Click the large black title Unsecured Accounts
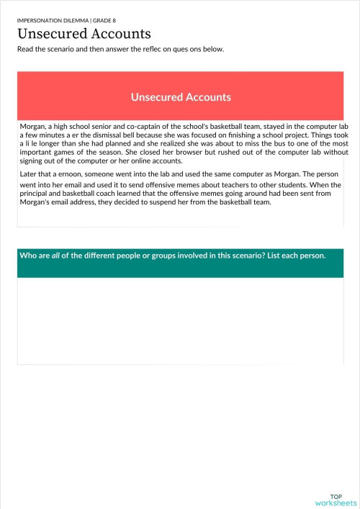(84, 35)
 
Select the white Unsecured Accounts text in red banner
(181, 96)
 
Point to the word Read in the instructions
(26, 49)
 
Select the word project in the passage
(297, 135)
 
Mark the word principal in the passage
(40, 194)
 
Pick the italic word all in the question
(55, 256)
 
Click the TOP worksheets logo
(336, 499)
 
